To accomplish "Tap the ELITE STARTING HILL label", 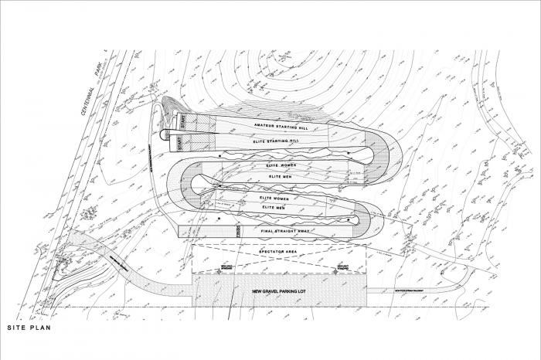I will pyautogui.click(x=276, y=142).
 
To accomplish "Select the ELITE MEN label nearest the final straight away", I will pyautogui.click(x=274, y=208).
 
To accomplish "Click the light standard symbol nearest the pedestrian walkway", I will pyautogui.click(x=335, y=268).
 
